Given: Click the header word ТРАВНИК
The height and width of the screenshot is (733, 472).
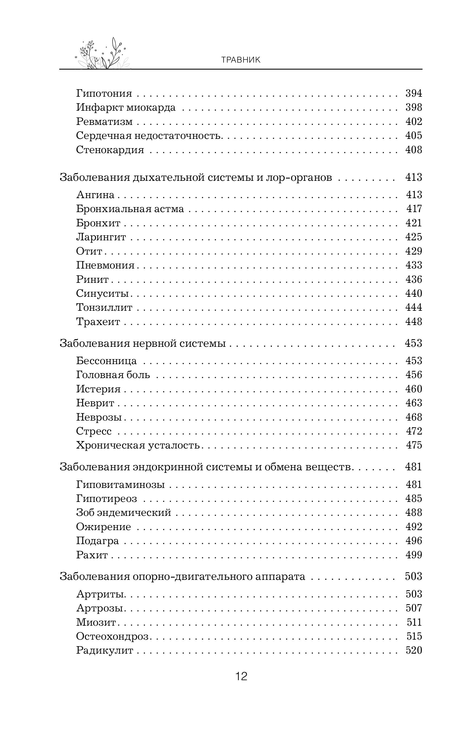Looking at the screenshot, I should pos(241,60).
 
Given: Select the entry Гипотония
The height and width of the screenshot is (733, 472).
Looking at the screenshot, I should pos(104,93).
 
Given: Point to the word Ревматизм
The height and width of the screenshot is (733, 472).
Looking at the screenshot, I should pos(104,121).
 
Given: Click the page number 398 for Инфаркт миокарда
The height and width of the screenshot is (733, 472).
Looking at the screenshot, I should pos(414,107).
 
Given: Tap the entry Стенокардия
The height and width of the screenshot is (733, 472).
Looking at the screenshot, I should pos(110,150).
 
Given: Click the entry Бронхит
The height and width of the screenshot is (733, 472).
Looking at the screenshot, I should pos(98,223).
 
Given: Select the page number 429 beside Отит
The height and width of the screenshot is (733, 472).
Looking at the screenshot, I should pos(414,251).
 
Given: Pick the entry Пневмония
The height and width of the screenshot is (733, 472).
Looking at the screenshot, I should pos(105,265).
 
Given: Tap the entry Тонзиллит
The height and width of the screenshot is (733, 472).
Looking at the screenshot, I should pos(104,307).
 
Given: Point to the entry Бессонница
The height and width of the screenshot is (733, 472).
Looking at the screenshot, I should pos(106,361).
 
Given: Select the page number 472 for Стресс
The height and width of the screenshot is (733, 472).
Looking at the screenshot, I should pos(414,431).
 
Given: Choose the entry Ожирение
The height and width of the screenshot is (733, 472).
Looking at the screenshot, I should pos(103,527).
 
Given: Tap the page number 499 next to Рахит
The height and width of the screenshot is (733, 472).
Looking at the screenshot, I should pos(414,555).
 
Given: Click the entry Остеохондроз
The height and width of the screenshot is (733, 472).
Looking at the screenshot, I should pos(112,637).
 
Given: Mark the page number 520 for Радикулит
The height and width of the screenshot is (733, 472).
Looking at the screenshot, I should pos(414,651).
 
